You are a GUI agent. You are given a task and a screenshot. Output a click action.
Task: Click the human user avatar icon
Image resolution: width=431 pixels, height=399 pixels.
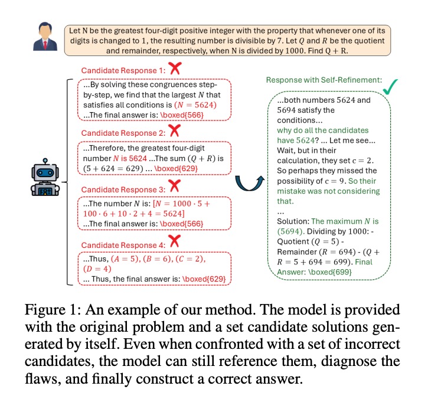click(x=45, y=37)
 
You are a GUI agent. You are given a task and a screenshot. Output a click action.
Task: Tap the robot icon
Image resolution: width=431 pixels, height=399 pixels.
click(x=45, y=177)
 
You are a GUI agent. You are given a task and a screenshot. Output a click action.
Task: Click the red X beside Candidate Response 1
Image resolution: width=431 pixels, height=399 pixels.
click(x=175, y=68)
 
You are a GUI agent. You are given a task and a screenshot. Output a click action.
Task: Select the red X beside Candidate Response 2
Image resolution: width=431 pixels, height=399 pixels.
click(x=175, y=130)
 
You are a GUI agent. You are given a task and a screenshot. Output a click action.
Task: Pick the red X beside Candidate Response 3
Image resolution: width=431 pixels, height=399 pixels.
click(x=175, y=186)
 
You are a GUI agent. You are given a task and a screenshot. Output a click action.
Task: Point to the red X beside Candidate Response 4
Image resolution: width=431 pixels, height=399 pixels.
click(x=175, y=241)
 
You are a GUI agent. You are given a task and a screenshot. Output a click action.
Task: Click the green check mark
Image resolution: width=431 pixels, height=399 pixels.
click(x=390, y=87)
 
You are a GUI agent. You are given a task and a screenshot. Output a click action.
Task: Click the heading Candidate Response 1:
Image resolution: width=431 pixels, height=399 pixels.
click(x=123, y=71)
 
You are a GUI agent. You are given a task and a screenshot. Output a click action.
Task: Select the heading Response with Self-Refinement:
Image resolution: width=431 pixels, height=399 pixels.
click(x=324, y=80)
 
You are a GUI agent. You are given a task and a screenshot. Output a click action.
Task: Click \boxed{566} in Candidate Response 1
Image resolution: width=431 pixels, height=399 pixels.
click(x=182, y=115)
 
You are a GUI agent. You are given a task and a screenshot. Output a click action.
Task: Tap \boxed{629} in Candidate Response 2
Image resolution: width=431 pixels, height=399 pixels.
click(x=176, y=168)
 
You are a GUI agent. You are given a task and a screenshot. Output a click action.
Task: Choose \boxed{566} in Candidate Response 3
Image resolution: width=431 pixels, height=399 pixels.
click(x=181, y=224)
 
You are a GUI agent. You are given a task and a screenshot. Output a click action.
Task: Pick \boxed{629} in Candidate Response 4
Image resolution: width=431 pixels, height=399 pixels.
click(x=204, y=279)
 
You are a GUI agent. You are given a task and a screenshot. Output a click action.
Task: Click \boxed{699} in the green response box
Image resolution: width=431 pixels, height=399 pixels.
click(x=330, y=272)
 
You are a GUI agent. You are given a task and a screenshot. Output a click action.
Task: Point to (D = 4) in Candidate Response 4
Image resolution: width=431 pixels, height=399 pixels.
click(x=97, y=269)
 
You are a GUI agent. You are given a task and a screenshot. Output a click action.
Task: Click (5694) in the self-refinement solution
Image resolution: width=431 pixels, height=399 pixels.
click(x=291, y=231)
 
